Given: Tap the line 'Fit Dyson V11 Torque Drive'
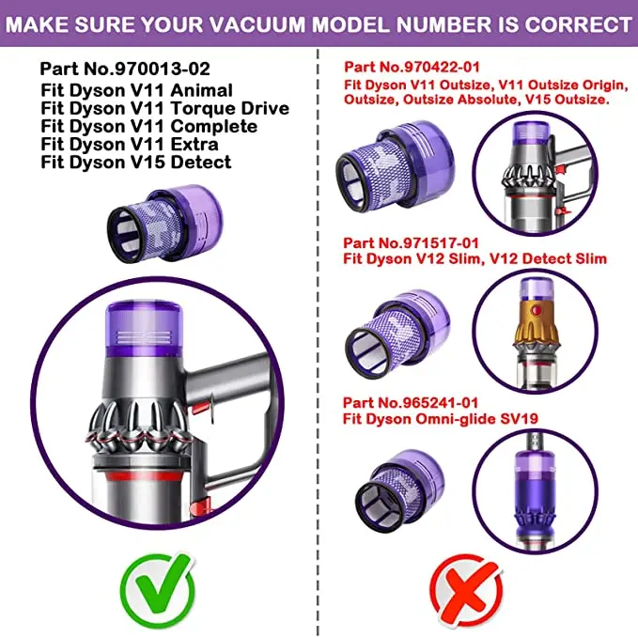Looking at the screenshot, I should coord(164,108).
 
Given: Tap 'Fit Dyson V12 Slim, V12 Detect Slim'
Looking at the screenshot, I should coord(475,258).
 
